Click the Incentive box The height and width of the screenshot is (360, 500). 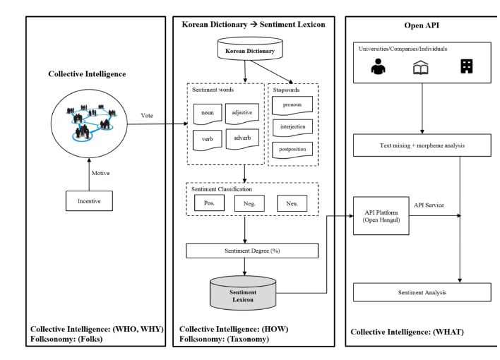click(x=85, y=200)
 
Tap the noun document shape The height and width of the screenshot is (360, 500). click(x=208, y=113)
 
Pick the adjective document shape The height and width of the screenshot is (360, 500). click(x=243, y=113)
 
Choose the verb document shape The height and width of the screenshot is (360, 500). click(x=208, y=140)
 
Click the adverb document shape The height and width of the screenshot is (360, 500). click(x=243, y=140)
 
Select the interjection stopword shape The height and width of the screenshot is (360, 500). click(x=292, y=128)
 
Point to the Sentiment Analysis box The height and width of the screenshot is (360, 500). click(x=421, y=291)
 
